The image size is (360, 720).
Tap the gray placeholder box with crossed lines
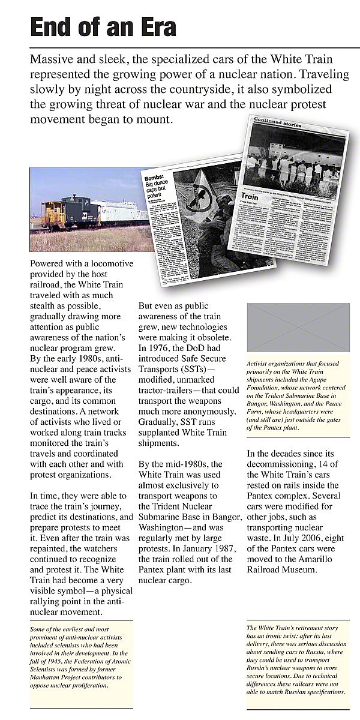pos(298,327)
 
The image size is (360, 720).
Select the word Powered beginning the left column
pos(52,265)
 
